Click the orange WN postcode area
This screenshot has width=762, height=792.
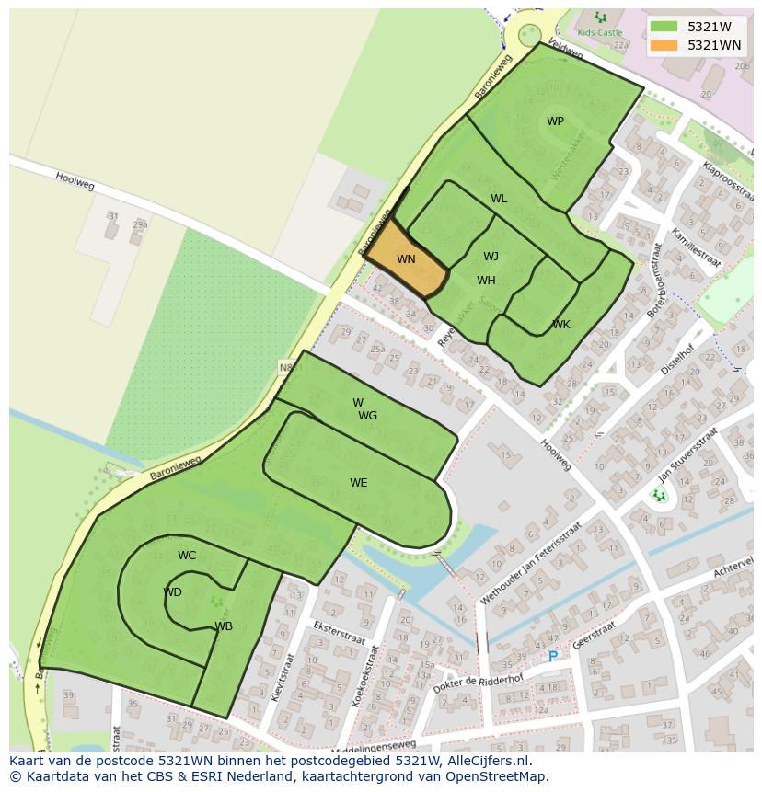pos(405,259)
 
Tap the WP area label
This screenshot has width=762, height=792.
pos(555,121)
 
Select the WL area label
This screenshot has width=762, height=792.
pos(499,199)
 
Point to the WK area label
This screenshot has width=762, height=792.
pos(561,325)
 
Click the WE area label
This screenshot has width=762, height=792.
pos(358,483)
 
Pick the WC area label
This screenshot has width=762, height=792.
pos(187,556)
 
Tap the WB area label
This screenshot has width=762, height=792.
pos(224,626)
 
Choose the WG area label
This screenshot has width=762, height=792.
pos(368,416)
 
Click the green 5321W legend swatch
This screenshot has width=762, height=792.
pos(664,27)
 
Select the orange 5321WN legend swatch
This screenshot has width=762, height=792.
pos(664,45)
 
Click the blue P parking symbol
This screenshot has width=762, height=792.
pos(552,657)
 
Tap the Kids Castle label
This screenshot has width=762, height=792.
pos(599,32)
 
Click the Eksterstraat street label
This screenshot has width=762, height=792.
pos(340,633)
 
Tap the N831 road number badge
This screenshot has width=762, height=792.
pos(290,368)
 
